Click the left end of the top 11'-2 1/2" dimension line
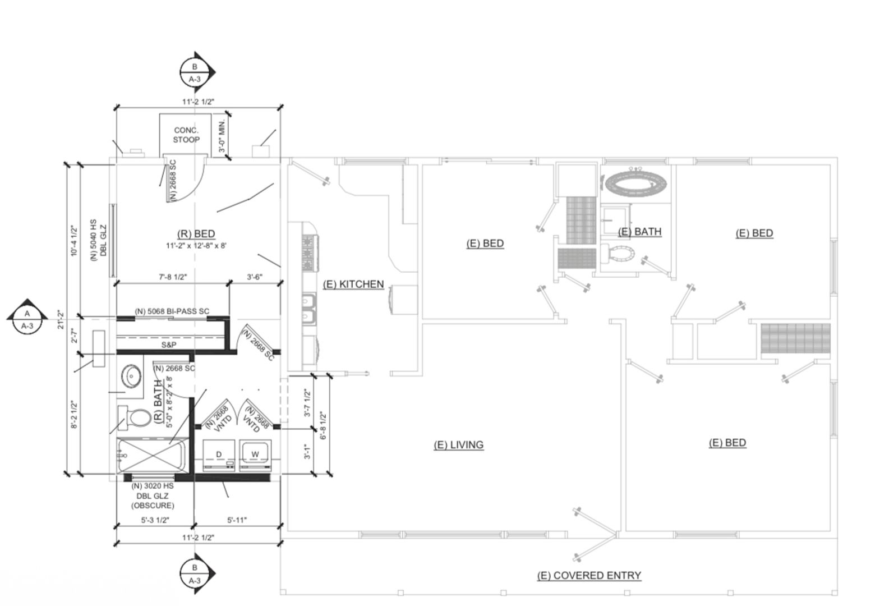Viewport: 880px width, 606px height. point(117,107)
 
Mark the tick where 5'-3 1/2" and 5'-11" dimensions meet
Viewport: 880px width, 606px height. point(193,526)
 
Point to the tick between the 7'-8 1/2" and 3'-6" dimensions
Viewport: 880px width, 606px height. point(229,283)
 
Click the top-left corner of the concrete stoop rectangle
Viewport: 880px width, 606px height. point(159,114)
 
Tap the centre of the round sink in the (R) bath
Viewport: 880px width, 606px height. point(131,377)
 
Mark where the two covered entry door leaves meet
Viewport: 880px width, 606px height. point(616,535)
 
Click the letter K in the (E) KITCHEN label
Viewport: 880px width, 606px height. point(342,284)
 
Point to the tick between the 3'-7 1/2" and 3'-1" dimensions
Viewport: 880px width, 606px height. point(314,428)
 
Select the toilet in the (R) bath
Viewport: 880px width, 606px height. point(135,417)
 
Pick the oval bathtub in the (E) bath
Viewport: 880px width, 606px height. point(636,183)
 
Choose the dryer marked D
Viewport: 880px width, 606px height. point(219,455)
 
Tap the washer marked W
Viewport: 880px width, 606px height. point(255,455)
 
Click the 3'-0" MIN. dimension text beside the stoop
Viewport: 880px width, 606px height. point(223,136)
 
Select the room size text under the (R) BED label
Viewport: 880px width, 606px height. point(196,246)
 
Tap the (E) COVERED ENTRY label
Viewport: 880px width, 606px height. point(589,575)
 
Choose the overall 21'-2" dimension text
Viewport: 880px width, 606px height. point(61,319)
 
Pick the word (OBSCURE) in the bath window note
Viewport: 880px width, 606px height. point(153,506)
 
